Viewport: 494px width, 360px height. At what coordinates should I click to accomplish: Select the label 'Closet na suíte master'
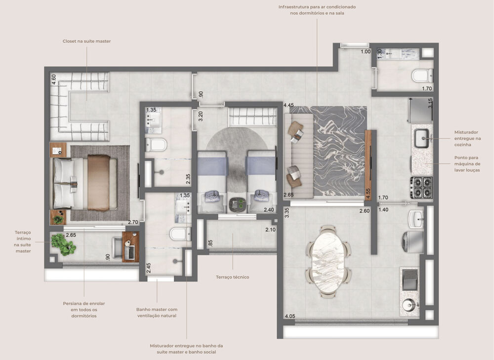click(x=86, y=41)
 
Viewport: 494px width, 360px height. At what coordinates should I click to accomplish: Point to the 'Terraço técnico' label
click(x=232, y=277)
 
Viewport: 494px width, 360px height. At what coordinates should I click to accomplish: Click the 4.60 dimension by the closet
click(x=53, y=80)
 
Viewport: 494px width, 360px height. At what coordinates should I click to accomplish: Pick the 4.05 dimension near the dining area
click(x=289, y=316)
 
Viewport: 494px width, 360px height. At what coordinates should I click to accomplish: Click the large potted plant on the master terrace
click(x=63, y=244)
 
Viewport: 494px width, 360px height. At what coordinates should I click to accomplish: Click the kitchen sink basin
click(x=421, y=139)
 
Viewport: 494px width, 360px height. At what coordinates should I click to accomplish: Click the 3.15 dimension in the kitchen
click(x=430, y=103)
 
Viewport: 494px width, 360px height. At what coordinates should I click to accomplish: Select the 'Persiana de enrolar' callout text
click(x=83, y=309)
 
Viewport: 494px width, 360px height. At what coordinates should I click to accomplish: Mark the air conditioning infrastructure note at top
click(x=317, y=10)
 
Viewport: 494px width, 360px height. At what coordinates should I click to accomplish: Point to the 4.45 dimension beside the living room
click(x=288, y=105)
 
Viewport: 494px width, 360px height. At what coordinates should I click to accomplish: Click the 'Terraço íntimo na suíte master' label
click(x=22, y=240)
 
